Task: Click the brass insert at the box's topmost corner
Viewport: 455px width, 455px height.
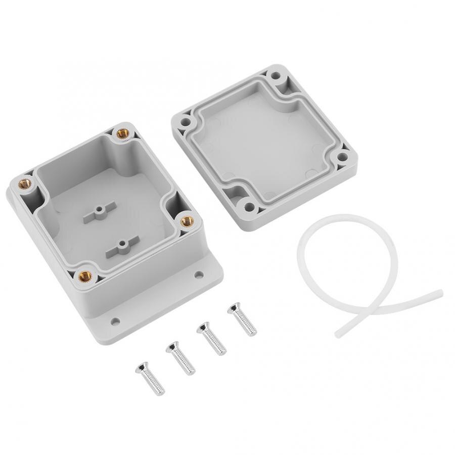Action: click(x=122, y=133)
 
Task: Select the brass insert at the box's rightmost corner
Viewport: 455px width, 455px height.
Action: click(x=187, y=220)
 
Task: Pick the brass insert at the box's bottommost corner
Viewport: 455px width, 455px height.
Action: click(x=84, y=276)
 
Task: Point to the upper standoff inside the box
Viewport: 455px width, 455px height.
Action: click(x=100, y=210)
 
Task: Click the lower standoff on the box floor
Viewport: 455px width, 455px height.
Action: click(x=121, y=247)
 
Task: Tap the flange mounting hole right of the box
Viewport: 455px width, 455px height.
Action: click(x=199, y=275)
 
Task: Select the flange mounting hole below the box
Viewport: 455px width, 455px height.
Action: click(x=115, y=321)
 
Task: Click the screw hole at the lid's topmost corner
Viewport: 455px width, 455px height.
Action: click(x=276, y=76)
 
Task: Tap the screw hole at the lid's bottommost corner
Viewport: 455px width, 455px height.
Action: click(x=248, y=206)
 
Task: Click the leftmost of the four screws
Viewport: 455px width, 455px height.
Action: click(x=150, y=378)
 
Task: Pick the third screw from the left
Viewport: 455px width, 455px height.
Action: click(x=211, y=338)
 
